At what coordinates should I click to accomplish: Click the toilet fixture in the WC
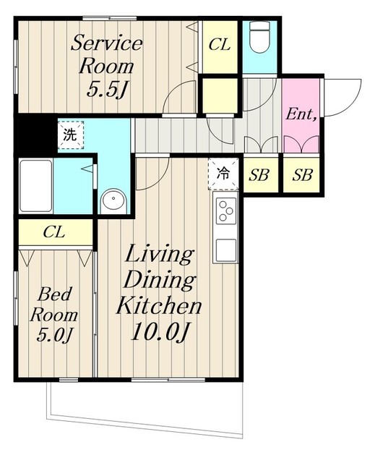pos(259,37)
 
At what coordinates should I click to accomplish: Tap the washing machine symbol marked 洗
pos(71,135)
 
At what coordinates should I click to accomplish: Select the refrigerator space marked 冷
pos(223,174)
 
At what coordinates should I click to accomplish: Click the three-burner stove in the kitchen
pos(226,211)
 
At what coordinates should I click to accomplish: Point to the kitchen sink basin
pos(226,250)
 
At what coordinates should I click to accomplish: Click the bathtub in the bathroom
pos(36,186)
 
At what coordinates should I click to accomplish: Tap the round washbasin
pos(113,201)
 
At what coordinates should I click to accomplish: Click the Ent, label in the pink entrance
pos(301,114)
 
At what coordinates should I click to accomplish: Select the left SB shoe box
pos(259,175)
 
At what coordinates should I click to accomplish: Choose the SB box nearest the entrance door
pos(302,175)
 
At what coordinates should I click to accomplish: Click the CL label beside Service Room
pos(219,45)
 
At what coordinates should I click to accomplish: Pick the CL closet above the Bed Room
pos(56,232)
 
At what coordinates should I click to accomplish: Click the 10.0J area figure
pos(160,332)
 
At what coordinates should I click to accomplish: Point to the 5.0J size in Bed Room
pos(54,335)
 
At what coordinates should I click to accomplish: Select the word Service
pos(107,43)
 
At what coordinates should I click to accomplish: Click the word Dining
pos(160,280)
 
